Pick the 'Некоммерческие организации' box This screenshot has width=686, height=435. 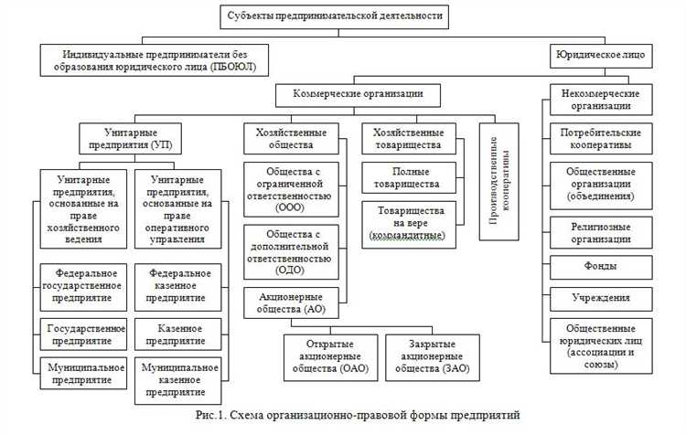click(x=600, y=100)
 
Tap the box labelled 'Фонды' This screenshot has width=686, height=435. click(x=600, y=266)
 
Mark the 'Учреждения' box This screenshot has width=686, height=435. click(x=600, y=297)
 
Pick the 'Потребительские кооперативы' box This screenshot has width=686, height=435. click(x=600, y=139)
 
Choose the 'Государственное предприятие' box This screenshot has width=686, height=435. click(x=85, y=334)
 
